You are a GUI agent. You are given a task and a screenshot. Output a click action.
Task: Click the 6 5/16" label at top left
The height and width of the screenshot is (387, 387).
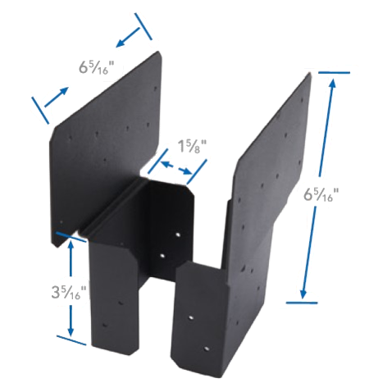pyautogui.click(x=96, y=67)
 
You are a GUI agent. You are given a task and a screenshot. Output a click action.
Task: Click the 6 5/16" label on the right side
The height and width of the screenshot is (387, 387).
pyautogui.click(x=321, y=194)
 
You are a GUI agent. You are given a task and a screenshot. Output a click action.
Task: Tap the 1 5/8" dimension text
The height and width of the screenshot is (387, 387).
pyautogui.click(x=193, y=146)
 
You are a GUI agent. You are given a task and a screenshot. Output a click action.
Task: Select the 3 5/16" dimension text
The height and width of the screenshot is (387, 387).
pyautogui.click(x=69, y=292)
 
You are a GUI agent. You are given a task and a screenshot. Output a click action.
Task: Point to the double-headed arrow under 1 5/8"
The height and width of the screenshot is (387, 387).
pyautogui.click(x=175, y=167)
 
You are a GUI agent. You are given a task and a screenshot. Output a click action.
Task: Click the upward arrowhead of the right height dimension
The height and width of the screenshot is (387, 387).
pyautogui.click(x=332, y=84)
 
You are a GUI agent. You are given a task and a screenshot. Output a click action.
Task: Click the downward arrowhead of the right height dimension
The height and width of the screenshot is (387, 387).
pyautogui.click(x=303, y=293)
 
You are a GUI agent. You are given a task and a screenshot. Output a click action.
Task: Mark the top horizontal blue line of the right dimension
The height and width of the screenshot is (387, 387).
pyautogui.click(x=334, y=73)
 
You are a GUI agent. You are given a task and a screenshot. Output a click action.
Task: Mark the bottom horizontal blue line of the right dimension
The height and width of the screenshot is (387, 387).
pyautogui.click(x=302, y=303)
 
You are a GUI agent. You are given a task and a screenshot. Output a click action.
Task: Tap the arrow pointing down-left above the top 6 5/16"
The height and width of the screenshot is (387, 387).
pyautogui.click(x=128, y=38)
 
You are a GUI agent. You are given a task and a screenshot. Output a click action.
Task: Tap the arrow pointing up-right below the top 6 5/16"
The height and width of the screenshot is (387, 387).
pyautogui.click(x=56, y=97)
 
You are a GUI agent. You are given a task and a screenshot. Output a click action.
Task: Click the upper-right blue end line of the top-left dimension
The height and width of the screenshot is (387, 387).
pyautogui.click(x=143, y=26)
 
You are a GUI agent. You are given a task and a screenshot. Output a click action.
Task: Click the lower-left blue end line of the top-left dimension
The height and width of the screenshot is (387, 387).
pyautogui.click(x=40, y=110)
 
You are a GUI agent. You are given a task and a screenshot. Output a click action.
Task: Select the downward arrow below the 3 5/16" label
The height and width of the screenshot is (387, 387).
pyautogui.click(x=71, y=321)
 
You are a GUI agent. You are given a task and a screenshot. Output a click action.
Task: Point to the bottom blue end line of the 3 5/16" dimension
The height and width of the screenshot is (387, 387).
pyautogui.click(x=71, y=339)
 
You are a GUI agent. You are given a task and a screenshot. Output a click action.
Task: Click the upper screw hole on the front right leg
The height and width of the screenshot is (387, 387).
pyautogui.click(x=192, y=317)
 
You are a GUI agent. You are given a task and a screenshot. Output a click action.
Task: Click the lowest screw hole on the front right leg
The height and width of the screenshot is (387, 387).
pyautogui.click(x=207, y=349)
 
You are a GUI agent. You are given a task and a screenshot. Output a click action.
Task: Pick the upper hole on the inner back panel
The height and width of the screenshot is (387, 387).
pyautogui.click(x=178, y=234)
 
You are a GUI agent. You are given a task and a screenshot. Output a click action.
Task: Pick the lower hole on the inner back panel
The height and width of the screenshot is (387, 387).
pyautogui.click(x=162, y=256)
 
